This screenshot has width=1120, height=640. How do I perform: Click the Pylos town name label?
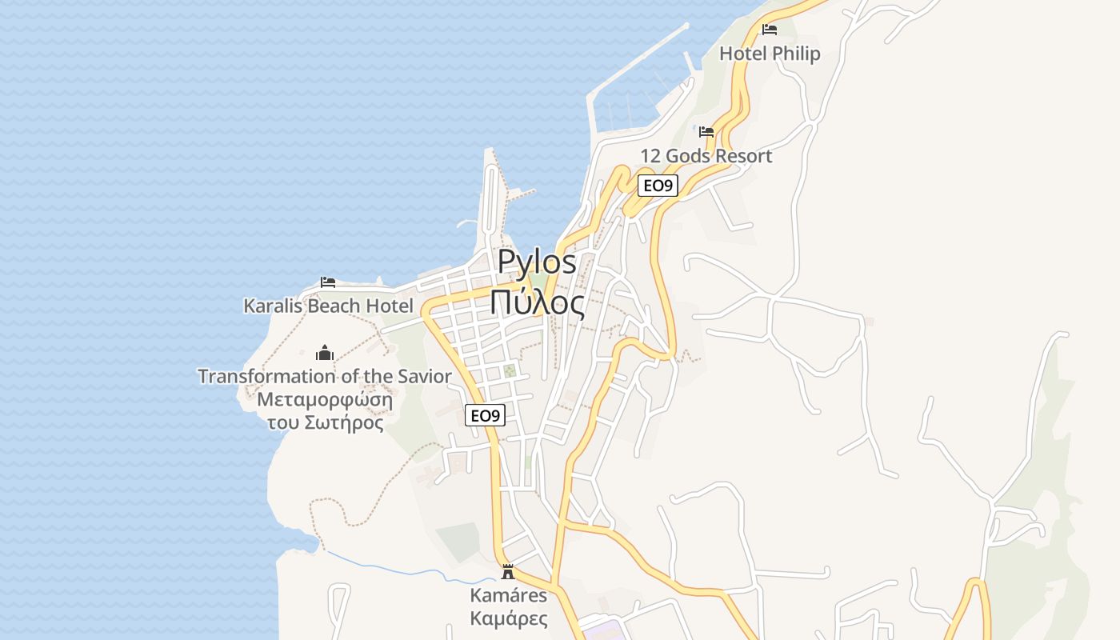tap(537, 262)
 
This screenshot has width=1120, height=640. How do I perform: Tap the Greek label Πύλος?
tap(537, 302)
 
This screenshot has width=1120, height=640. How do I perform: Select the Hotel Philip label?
tap(770, 54)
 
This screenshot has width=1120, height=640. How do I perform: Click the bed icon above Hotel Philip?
tap(770, 30)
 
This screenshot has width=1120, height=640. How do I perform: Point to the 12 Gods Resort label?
tap(706, 156)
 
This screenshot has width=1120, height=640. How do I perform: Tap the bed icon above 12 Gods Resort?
tap(706, 132)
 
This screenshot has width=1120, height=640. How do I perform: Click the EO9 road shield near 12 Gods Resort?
tap(658, 186)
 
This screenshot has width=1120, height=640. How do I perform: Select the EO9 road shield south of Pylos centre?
tap(485, 415)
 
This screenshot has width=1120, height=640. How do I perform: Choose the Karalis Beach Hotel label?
tap(328, 306)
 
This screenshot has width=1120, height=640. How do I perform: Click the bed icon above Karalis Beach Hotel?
tap(328, 282)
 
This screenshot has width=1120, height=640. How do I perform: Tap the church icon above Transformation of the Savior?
tap(325, 353)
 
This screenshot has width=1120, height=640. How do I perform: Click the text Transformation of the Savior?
tap(325, 376)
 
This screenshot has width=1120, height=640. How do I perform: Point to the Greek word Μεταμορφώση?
tap(325, 399)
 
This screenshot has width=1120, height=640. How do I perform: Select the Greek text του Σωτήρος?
tap(325, 422)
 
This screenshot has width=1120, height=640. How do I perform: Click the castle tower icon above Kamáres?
tap(507, 571)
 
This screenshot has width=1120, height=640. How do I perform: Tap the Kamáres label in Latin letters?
tap(509, 595)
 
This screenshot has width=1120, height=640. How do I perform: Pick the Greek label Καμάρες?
tap(509, 618)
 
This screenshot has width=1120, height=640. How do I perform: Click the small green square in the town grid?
tap(509, 371)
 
